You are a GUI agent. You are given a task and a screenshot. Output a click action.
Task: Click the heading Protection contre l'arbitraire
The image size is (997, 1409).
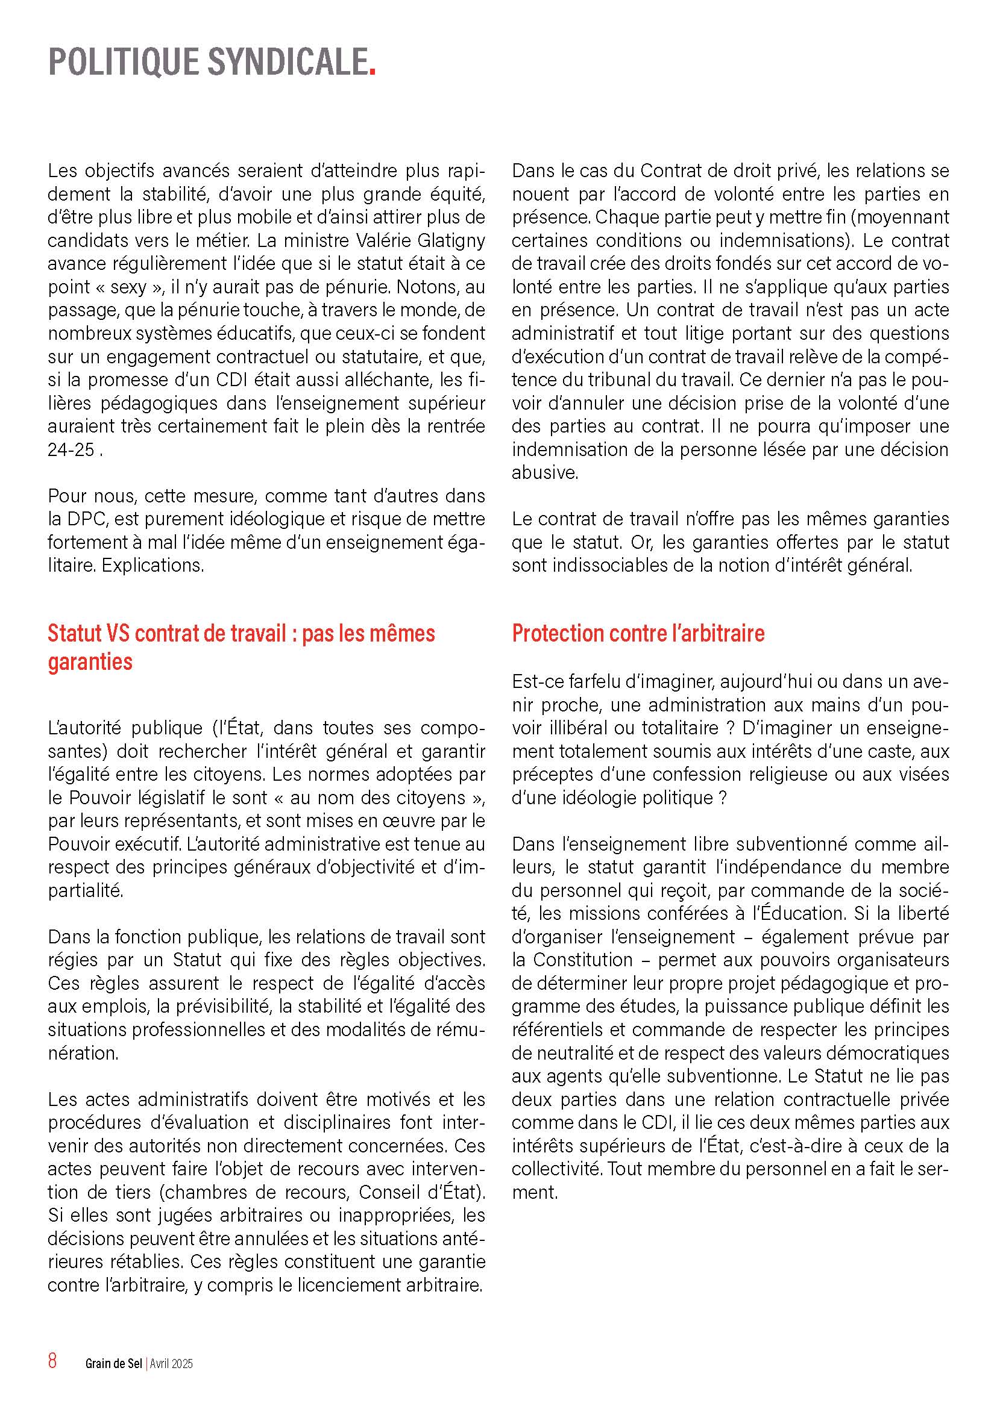pyautogui.click(x=638, y=633)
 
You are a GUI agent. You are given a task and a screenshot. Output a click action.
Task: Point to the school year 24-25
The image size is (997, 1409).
pyautogui.click(x=71, y=450)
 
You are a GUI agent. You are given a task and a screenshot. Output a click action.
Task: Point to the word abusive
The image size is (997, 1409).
pyautogui.click(x=544, y=472)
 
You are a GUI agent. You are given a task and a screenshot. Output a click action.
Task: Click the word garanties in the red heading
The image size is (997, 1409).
pyautogui.click(x=90, y=661)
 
